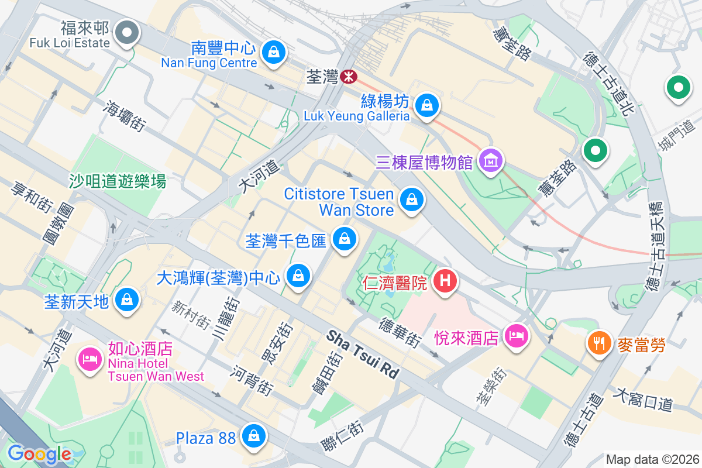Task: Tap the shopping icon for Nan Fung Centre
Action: (x=273, y=52)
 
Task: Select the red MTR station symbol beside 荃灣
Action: (x=349, y=76)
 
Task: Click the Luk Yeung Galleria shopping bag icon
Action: (x=427, y=105)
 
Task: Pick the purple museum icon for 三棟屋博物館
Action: (x=490, y=158)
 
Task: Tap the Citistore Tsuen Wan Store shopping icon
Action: (x=412, y=199)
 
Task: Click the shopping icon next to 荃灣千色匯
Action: (x=345, y=239)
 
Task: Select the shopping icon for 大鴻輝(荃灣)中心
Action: (x=298, y=274)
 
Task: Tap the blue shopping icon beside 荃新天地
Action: (x=126, y=300)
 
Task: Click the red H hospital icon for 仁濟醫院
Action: (x=445, y=281)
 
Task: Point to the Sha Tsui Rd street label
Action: (x=362, y=354)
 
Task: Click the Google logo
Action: (x=39, y=454)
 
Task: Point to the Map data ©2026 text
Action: (x=652, y=459)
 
